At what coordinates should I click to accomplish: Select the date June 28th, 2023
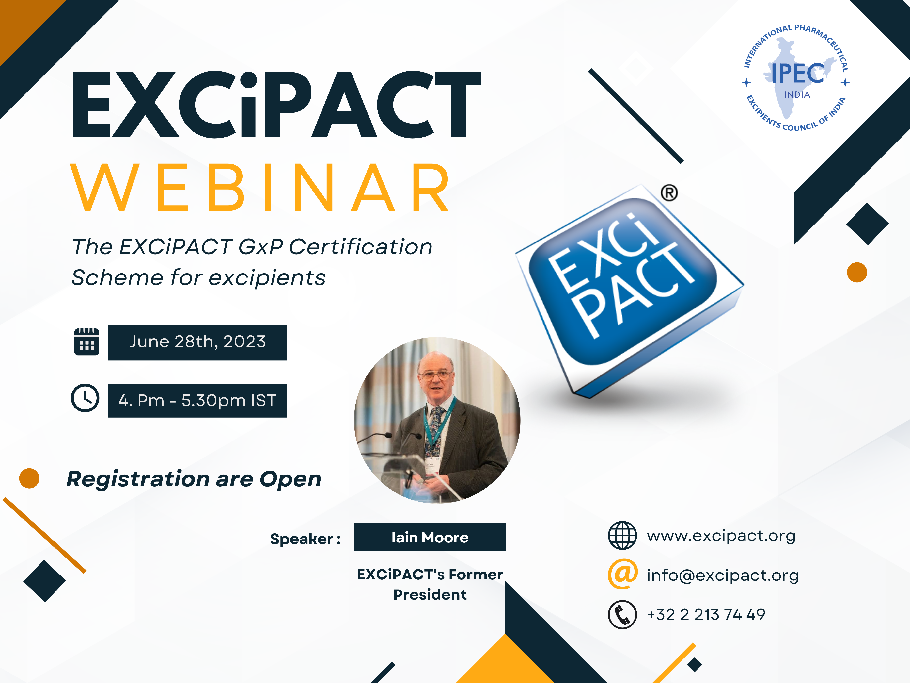197,342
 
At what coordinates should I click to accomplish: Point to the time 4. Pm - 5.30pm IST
197,400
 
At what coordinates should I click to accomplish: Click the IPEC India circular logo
796,78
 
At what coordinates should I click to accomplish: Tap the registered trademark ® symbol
669,193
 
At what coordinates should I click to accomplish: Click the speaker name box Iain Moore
430,537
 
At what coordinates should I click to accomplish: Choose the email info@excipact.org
722,575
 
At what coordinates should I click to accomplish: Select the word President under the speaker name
430,594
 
